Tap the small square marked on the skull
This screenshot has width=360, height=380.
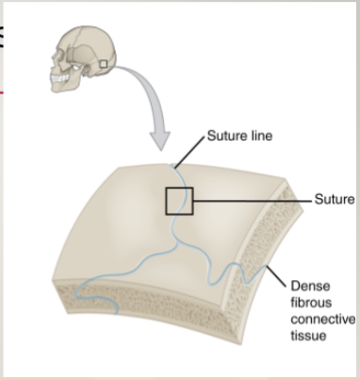[x=103, y=63]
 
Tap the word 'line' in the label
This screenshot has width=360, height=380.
[x=261, y=136]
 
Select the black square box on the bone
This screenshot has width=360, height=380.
[x=179, y=201]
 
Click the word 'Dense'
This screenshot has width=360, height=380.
[x=307, y=284]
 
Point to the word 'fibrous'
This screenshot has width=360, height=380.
[x=311, y=302]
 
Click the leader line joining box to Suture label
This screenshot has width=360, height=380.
[x=254, y=200]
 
